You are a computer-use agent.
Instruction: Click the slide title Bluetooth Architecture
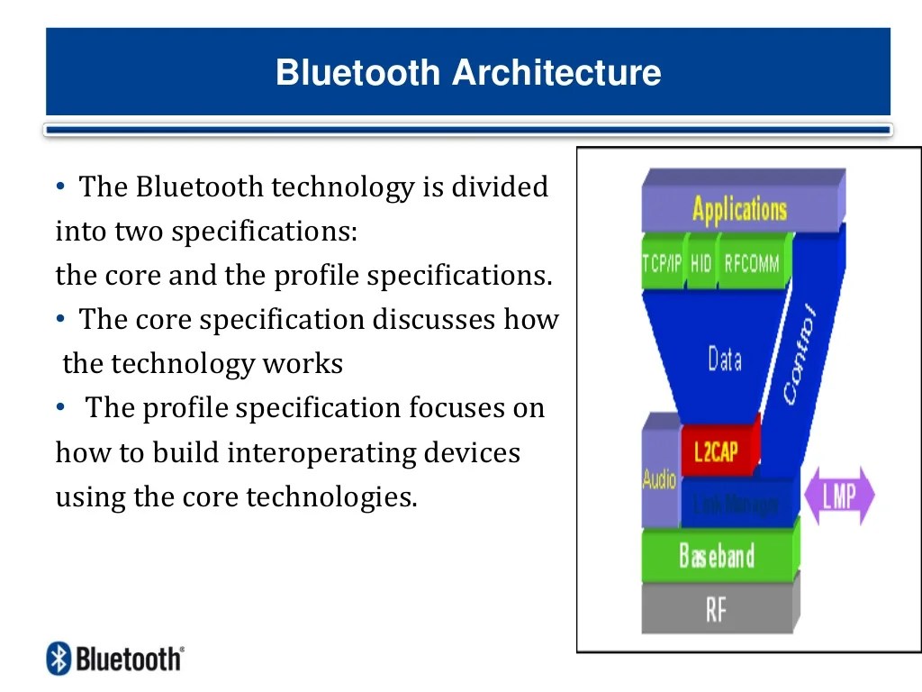(468, 72)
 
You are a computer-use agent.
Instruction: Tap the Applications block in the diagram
(739, 209)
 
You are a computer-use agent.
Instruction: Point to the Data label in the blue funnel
(724, 360)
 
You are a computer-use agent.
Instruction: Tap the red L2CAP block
(717, 450)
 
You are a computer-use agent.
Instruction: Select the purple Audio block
(659, 478)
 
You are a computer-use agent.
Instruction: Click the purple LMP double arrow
(839, 496)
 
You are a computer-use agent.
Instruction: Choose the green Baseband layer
(717, 555)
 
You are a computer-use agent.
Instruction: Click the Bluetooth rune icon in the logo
(59, 659)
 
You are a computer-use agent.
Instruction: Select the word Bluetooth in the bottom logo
(128, 659)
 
